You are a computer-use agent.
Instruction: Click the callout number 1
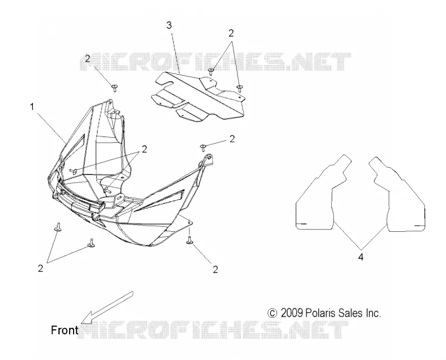[x=32, y=107]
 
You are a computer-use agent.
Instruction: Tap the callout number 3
[x=169, y=25]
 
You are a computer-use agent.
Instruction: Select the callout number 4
[x=361, y=257]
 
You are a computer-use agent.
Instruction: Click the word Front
[x=64, y=330]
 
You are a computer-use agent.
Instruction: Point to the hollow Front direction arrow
[x=107, y=308]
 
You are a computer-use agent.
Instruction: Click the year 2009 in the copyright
[x=292, y=313]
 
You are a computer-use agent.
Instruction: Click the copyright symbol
[x=272, y=313]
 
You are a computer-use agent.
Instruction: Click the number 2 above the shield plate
[x=231, y=33]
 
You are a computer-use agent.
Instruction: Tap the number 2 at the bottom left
[x=40, y=268]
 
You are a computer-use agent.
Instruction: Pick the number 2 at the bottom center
[x=215, y=269]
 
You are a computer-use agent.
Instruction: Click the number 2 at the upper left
[x=88, y=59]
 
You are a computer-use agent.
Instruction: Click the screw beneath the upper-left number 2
[x=115, y=88]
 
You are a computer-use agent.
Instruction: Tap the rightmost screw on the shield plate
[x=240, y=88]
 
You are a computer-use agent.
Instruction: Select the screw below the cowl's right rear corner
[x=190, y=240]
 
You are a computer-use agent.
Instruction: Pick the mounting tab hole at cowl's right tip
[x=210, y=157]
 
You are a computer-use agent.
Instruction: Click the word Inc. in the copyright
[x=373, y=313]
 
